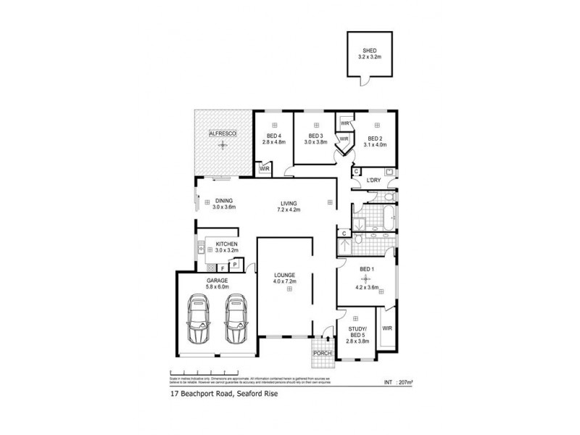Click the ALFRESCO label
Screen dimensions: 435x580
220,134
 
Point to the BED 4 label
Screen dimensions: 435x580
274,136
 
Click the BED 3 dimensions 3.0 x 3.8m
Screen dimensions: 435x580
315,143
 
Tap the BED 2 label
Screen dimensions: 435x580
374,138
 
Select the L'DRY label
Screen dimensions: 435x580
374,180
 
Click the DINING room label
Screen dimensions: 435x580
224,202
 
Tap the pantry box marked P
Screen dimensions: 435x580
236,265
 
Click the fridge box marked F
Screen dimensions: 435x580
223,268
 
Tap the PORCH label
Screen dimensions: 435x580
322,353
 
